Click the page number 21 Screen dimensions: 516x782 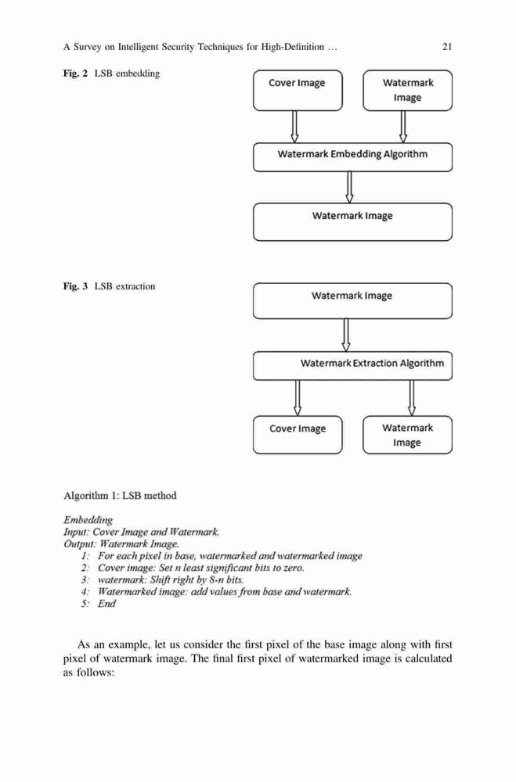click(x=447, y=47)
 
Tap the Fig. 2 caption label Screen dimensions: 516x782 click(x=75, y=74)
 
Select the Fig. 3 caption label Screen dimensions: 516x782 click(x=75, y=286)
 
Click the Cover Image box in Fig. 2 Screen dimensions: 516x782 click(x=298, y=90)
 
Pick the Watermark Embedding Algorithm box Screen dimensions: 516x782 click(x=352, y=157)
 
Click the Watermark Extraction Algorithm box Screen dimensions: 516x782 click(x=352, y=366)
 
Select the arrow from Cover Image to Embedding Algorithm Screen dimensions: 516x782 click(x=294, y=127)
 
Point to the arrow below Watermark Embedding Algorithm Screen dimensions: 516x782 click(x=350, y=188)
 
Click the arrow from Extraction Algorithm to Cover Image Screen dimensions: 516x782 click(x=298, y=398)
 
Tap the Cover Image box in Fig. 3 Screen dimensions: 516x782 click(x=298, y=435)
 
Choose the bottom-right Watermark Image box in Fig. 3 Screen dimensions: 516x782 click(x=408, y=435)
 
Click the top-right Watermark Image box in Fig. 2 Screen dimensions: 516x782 click(x=408, y=90)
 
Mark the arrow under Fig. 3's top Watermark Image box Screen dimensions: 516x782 click(x=345, y=335)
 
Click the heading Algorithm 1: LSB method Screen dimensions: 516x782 click(x=120, y=496)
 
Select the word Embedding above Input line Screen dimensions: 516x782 click(x=88, y=520)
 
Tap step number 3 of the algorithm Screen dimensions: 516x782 click(x=85, y=580)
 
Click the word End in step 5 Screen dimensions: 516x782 click(x=106, y=604)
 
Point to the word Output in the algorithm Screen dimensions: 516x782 click(x=79, y=544)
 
